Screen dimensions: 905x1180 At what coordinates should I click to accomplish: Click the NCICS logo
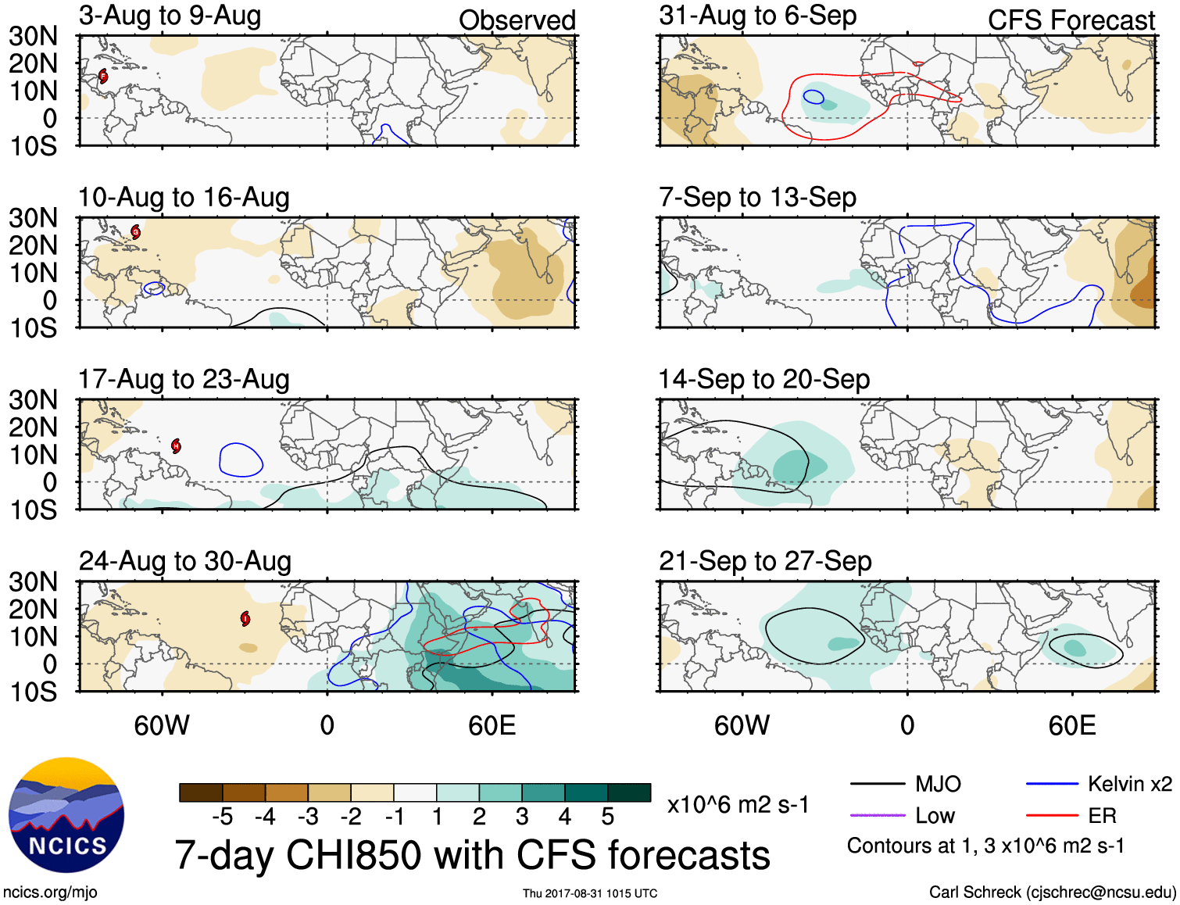pyautogui.click(x=66, y=815)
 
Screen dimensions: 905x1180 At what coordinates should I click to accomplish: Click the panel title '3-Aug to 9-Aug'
pyautogui.click(x=170, y=16)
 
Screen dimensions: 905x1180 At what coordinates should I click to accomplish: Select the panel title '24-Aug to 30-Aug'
pyautogui.click(x=185, y=561)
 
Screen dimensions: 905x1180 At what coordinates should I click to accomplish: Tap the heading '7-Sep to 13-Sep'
pyautogui.click(x=757, y=197)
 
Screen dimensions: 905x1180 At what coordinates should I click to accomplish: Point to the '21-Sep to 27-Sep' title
pyautogui.click(x=765, y=561)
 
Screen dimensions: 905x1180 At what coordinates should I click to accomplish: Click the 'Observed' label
pyautogui.click(x=517, y=20)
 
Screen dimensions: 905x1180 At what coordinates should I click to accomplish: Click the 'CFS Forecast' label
pyautogui.click(x=1071, y=20)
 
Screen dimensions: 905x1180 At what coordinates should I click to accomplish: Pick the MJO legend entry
pyautogui.click(x=906, y=784)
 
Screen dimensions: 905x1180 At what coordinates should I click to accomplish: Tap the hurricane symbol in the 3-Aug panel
pyautogui.click(x=103, y=77)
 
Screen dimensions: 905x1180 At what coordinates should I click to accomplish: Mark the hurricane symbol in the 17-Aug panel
pyautogui.click(x=177, y=445)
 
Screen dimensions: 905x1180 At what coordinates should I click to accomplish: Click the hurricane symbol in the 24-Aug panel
pyautogui.click(x=246, y=619)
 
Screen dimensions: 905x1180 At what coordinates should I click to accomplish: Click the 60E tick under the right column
pyautogui.click(x=1071, y=725)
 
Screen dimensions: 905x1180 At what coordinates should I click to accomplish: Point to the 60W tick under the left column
pyautogui.click(x=162, y=725)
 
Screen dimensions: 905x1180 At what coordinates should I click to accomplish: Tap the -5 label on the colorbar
pyautogui.click(x=222, y=817)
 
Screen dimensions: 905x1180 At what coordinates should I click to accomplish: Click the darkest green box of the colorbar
pyautogui.click(x=629, y=792)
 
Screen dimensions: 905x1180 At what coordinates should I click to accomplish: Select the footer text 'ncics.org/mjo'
pyautogui.click(x=50, y=892)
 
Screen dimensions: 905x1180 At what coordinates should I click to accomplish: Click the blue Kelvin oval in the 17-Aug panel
pyautogui.click(x=241, y=460)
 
